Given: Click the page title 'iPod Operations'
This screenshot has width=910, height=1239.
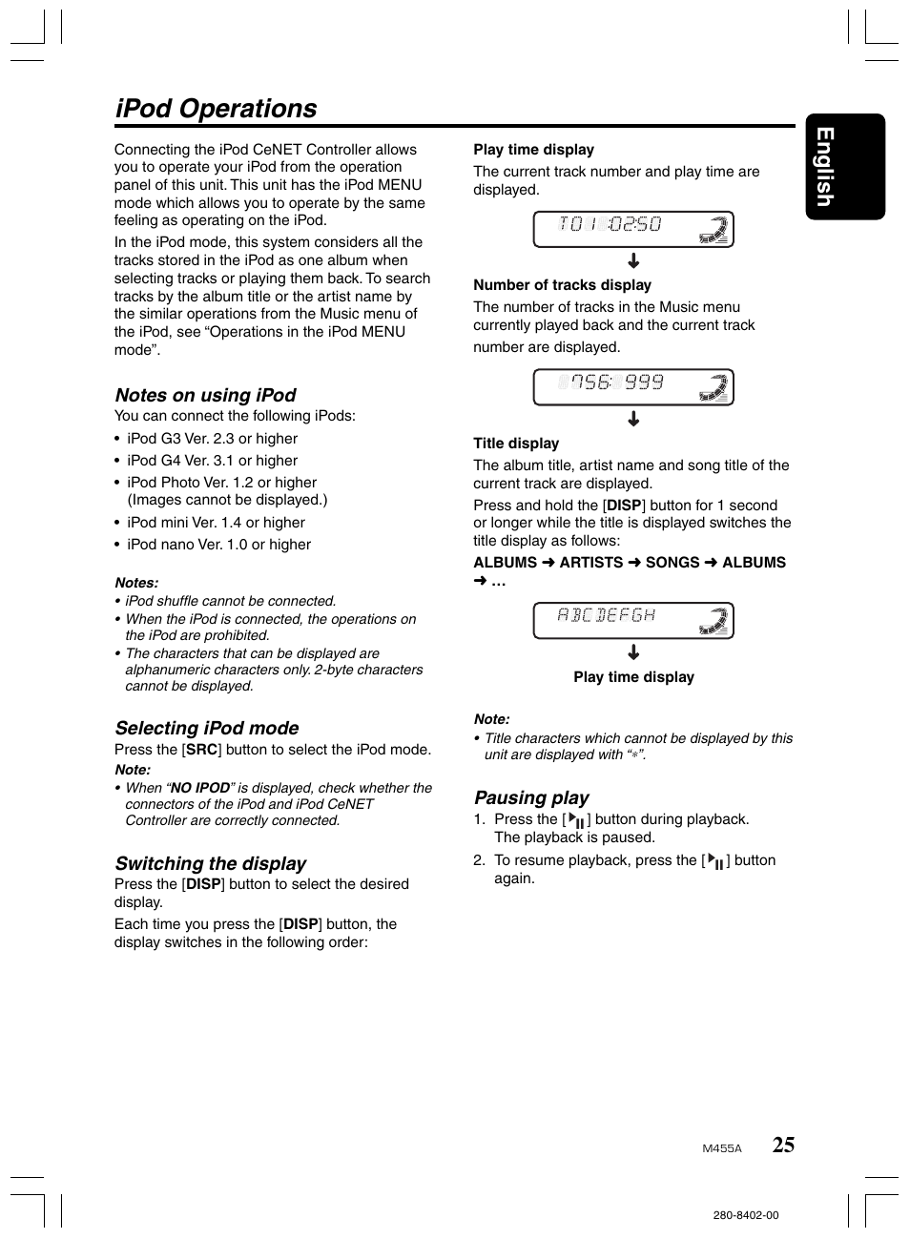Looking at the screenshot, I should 216,109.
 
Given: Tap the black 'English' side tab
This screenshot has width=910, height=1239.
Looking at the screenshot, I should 844,167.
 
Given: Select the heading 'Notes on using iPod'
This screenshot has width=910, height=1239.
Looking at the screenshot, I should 205,395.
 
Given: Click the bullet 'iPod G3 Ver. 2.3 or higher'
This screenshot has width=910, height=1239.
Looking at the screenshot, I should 212,439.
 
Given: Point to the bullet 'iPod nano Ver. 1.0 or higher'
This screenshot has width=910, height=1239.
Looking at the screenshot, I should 218,545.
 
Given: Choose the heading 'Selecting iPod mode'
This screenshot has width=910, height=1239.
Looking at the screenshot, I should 207,728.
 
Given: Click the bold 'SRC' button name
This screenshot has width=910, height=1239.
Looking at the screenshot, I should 201,750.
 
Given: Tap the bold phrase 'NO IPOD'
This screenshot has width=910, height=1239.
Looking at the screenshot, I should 199,788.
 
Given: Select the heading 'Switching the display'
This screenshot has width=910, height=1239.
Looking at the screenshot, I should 211,863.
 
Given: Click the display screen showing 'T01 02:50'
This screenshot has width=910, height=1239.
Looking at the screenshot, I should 632,229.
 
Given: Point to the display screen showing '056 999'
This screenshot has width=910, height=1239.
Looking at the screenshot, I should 632,387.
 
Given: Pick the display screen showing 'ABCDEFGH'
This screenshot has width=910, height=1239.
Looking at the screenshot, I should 632,621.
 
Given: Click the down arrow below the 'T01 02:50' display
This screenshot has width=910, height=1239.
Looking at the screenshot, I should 633,261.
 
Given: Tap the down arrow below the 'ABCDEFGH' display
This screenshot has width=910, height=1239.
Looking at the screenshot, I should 633,653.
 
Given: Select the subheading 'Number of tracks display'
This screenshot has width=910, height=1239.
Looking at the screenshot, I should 562,285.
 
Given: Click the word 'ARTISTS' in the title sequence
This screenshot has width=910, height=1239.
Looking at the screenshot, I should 590,563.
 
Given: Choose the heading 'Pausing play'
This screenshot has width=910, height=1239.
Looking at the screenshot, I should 531,797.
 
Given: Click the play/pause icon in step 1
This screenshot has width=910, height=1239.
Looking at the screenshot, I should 576,820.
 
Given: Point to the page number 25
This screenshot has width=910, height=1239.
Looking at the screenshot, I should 783,1146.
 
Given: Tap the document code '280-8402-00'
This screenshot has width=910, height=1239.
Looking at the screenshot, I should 745,1215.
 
